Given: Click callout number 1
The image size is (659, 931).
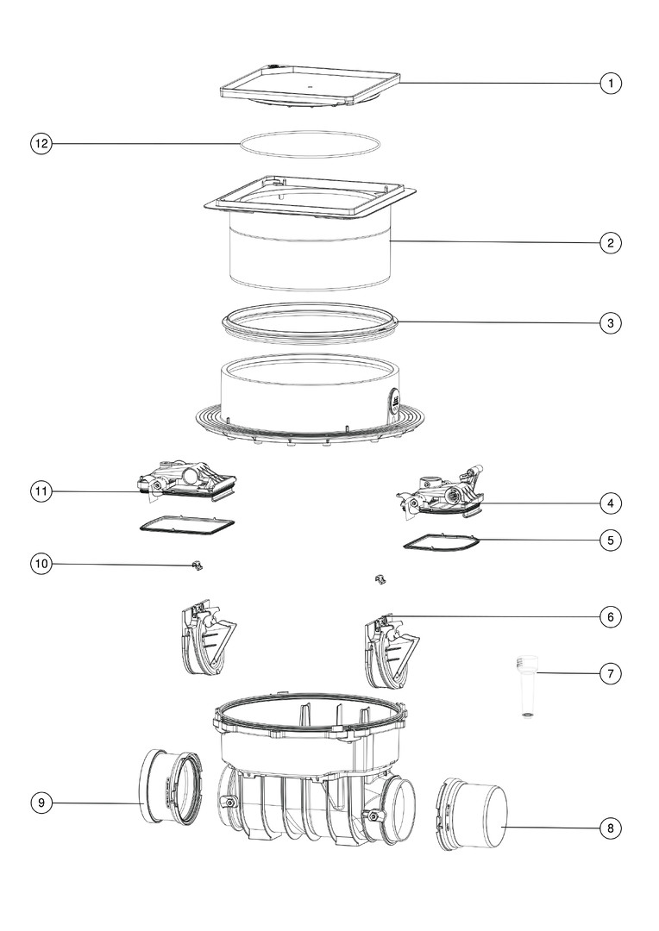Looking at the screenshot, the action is (x=611, y=83).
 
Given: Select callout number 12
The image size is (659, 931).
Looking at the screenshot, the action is (x=41, y=144).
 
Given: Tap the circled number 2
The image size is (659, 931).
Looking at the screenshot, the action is (x=611, y=243).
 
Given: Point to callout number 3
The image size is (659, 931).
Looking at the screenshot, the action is (x=611, y=323).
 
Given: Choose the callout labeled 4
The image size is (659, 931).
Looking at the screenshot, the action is (x=611, y=503).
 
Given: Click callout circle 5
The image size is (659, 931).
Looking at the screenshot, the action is (x=611, y=540).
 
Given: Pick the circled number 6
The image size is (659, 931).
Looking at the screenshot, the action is (x=611, y=617).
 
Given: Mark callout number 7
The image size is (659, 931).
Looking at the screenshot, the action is (x=611, y=674).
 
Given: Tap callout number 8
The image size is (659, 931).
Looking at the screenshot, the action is (x=611, y=828).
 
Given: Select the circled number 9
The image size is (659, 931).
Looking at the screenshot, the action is (x=41, y=803).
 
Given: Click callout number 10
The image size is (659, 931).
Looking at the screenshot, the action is (x=41, y=564).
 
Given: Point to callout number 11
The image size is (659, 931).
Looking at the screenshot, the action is (x=41, y=491).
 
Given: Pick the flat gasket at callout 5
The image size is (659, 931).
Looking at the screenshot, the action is (x=440, y=542).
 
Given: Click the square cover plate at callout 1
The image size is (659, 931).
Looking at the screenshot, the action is (x=310, y=89).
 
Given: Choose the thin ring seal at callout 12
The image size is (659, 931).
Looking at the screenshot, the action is (x=310, y=144).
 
